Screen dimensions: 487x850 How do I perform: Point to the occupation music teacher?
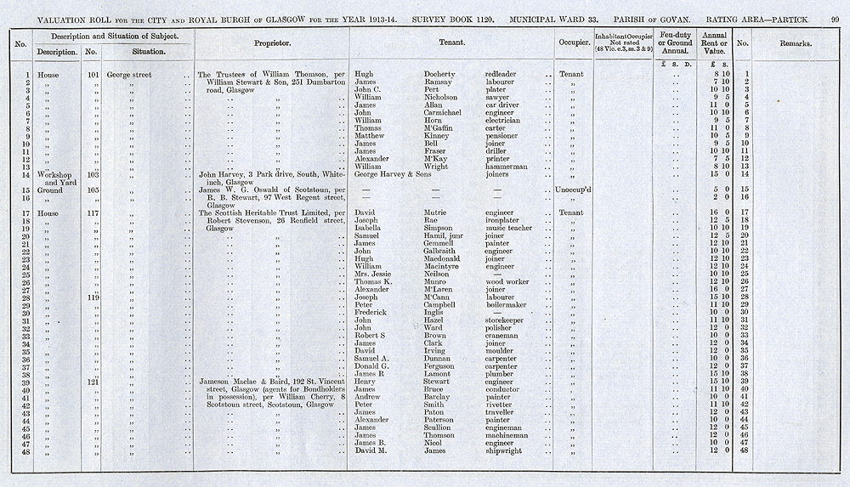coord(508,229)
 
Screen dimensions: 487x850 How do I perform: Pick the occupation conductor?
coord(505,389)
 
